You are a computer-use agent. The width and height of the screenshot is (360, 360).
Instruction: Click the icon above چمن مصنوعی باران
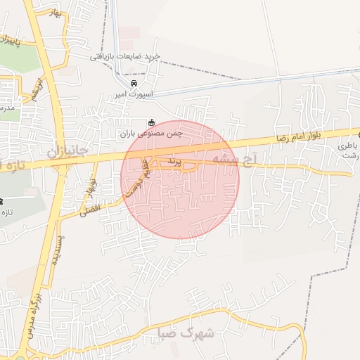(151, 122)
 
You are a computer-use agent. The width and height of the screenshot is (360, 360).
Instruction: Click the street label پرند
(175, 162)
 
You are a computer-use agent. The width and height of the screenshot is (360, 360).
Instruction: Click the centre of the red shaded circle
(180, 179)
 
